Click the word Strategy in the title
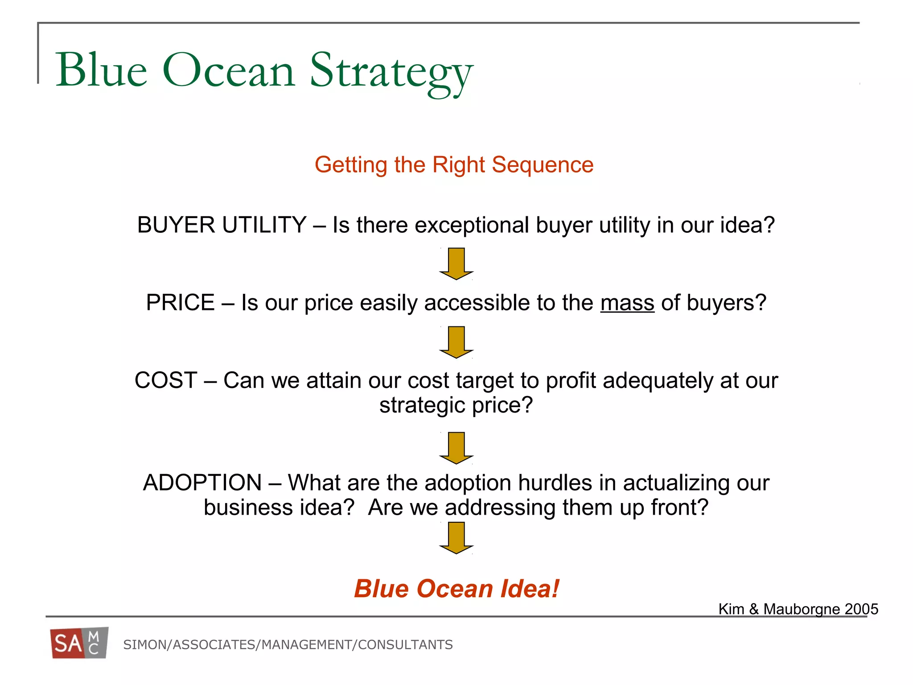pyautogui.click(x=391, y=71)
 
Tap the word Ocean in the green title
pyautogui.click(x=228, y=70)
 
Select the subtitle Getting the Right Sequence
pyautogui.click(x=454, y=165)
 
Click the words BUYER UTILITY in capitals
pyautogui.click(x=222, y=225)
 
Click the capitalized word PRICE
pyautogui.click(x=180, y=303)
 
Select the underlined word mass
pyautogui.click(x=627, y=303)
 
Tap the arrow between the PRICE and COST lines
pyautogui.click(x=456, y=342)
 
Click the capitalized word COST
pyautogui.click(x=165, y=380)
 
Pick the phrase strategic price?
pyautogui.click(x=456, y=405)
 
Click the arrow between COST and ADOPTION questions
pyautogui.click(x=456, y=447)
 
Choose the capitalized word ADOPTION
pyautogui.click(x=202, y=483)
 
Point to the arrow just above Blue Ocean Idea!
pyautogui.click(x=456, y=537)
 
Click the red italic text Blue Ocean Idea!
pyautogui.click(x=456, y=589)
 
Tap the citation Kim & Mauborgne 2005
pyautogui.click(x=798, y=609)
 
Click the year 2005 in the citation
pyautogui.click(x=861, y=609)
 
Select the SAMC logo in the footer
pyautogui.click(x=79, y=643)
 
